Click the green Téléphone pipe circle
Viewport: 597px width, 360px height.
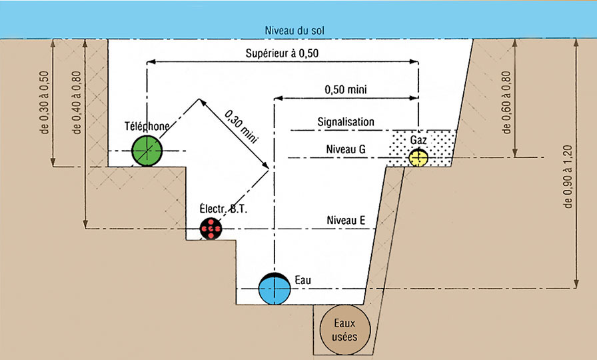pyautogui.click(x=147, y=151)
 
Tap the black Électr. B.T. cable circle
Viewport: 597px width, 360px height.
pyautogui.click(x=211, y=229)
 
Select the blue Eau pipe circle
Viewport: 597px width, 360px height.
pyautogui.click(x=275, y=289)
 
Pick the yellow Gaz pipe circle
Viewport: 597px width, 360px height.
pyautogui.click(x=418, y=158)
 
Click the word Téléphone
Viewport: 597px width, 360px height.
pyautogui.click(x=147, y=125)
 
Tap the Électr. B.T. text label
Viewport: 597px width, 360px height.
pyautogui.click(x=224, y=209)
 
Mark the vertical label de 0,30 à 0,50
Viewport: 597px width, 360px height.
pyautogui.click(x=45, y=102)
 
